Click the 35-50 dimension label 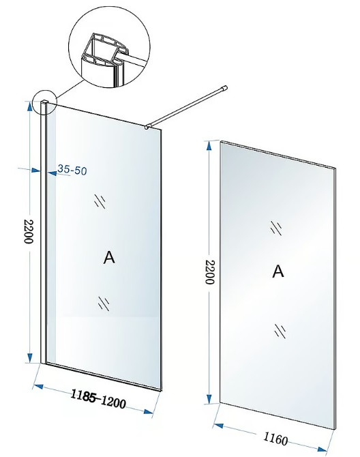[x=72, y=170]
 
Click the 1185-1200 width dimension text [x=98, y=400]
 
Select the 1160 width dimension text [x=275, y=438]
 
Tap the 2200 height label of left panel [x=29, y=231]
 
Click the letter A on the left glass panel [x=109, y=258]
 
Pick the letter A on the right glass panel [x=278, y=271]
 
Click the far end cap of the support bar [x=224, y=88]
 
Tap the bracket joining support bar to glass [x=147, y=127]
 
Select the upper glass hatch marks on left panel [x=100, y=201]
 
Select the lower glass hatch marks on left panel [x=104, y=304]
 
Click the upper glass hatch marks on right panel [x=276, y=228]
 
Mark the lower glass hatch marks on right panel [x=280, y=331]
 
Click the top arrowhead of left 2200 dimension [x=29, y=106]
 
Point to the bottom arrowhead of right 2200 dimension [x=209, y=398]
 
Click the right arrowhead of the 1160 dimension [x=322, y=450]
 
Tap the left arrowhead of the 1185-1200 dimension [x=38, y=387]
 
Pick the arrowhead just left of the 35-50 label [x=52, y=173]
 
